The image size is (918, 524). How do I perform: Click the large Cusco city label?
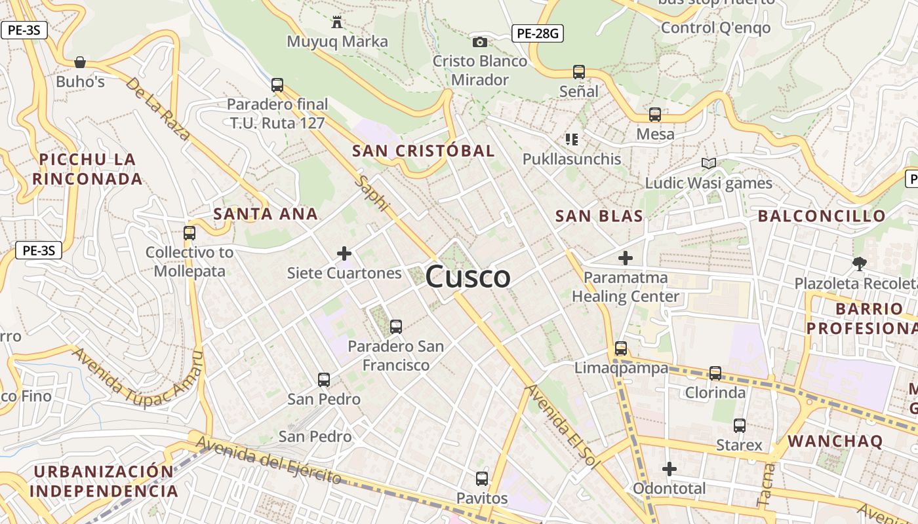click(468, 277)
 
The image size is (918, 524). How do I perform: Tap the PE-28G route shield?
click(538, 33)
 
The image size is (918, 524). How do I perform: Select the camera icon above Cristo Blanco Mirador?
click(480, 42)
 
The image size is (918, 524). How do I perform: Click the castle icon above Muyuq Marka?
click(337, 22)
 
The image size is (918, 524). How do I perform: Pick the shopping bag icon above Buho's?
click(80, 62)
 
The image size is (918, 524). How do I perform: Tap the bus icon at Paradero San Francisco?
click(395, 326)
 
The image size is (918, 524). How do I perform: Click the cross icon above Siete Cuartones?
click(344, 253)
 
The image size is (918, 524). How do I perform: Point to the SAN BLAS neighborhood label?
click(599, 216)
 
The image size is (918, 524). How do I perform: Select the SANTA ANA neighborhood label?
click(266, 214)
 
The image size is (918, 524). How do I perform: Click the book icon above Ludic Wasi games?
click(708, 163)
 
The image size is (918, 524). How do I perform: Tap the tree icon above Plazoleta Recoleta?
click(859, 263)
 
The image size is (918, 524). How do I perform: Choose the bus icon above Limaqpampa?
click(621, 348)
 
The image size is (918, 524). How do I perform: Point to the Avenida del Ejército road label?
click(269, 461)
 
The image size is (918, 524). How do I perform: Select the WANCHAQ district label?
click(835, 441)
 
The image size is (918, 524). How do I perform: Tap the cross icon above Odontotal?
click(669, 469)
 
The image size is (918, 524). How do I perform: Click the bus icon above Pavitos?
click(482, 478)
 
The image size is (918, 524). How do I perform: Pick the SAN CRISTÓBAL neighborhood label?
click(423, 151)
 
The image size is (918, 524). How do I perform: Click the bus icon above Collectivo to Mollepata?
click(190, 233)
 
